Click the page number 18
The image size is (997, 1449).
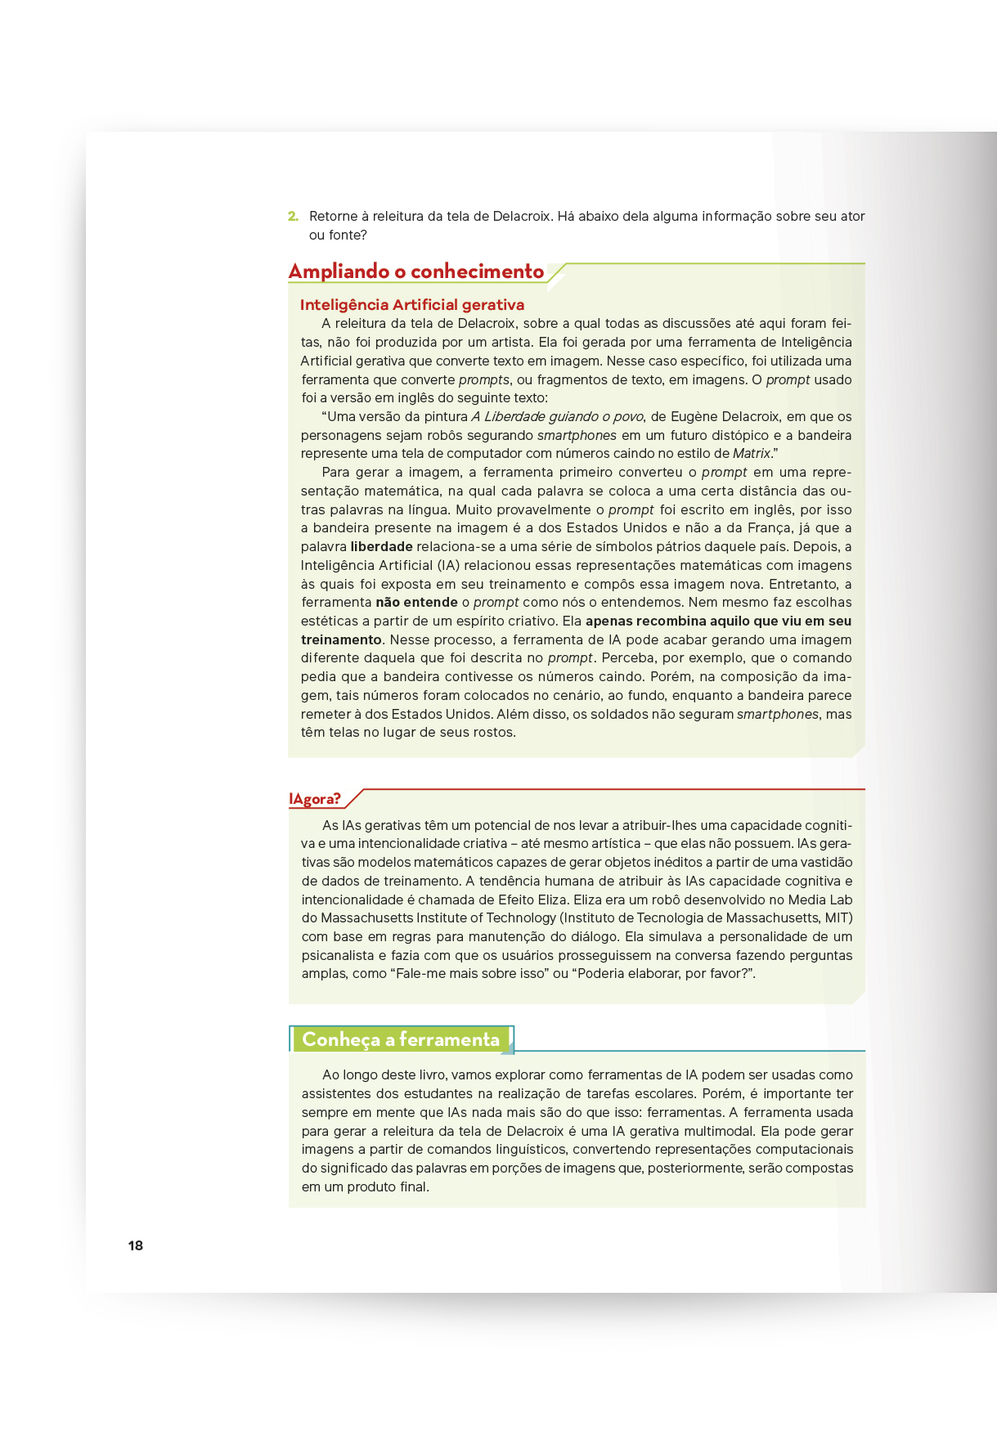point(136,1245)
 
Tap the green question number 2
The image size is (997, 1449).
point(293,217)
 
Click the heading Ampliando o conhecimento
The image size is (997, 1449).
point(416,271)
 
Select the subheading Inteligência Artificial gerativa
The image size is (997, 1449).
point(412,305)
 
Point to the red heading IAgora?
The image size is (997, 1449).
point(315,799)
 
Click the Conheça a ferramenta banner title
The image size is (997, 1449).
point(401,1039)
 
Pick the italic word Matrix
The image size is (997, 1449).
point(752,454)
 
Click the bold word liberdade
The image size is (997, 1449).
point(381,547)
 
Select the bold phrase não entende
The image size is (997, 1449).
point(416,603)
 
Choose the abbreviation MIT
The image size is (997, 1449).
point(837,918)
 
